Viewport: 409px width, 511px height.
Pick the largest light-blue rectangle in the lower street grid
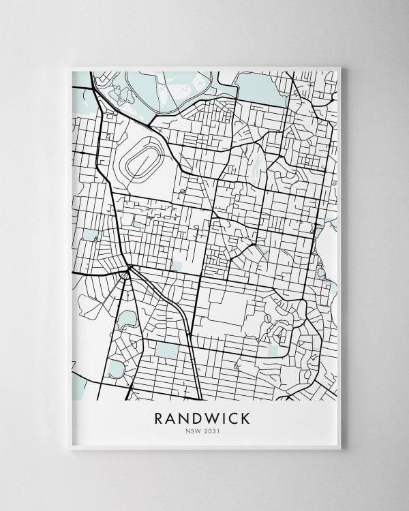[x=165, y=350]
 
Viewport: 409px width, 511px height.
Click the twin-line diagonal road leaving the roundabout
[x=160, y=293]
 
